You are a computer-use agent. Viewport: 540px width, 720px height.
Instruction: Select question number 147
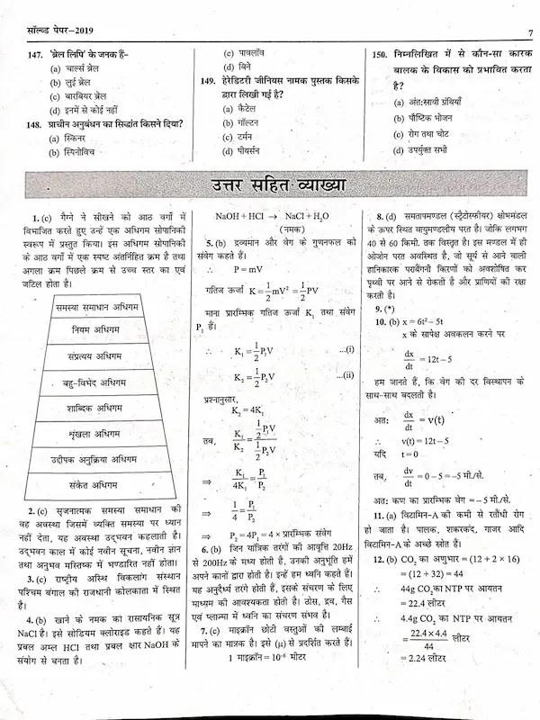(37, 54)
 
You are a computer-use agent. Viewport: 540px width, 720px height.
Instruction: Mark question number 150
(380, 54)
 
